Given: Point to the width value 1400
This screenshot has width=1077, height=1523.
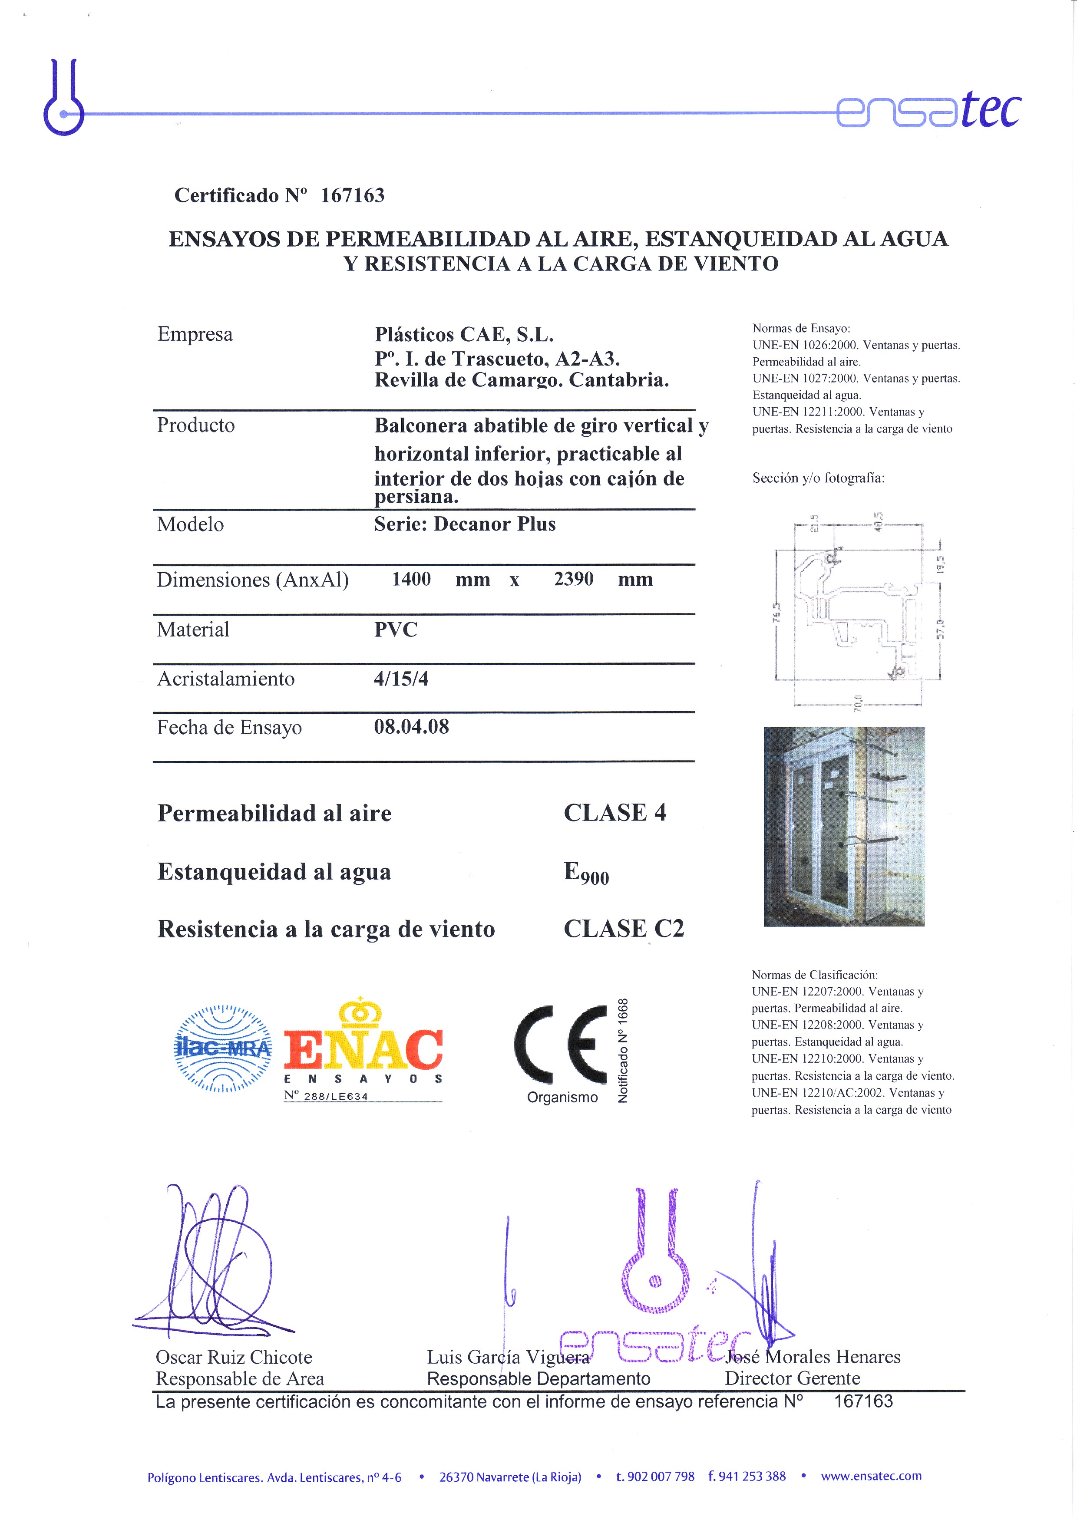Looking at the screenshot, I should (411, 579).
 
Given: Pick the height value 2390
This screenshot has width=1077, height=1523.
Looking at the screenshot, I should (573, 579).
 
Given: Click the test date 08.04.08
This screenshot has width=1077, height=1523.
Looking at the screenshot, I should (411, 727).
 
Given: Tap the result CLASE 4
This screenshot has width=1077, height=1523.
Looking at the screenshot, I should (614, 813).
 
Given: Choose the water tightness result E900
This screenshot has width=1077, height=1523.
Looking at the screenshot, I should (586, 873).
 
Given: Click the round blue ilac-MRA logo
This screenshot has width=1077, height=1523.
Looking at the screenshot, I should (223, 1049).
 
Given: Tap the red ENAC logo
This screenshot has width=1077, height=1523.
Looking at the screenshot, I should (363, 1047).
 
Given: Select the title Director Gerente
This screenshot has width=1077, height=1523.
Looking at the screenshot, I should (792, 1378).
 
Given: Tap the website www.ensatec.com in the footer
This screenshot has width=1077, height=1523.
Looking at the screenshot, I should (871, 1476).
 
